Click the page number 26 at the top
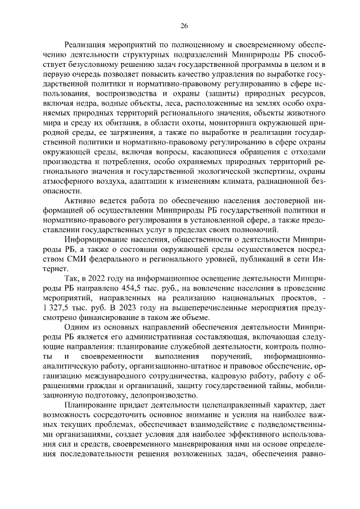pyautogui.click(x=184, y=25)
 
